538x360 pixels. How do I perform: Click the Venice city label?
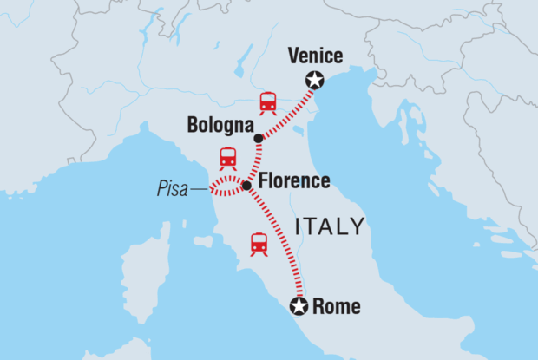pyautogui.click(x=315, y=57)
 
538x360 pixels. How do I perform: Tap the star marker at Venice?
pyautogui.click(x=315, y=81)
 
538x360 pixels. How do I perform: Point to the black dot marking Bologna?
pyautogui.click(x=258, y=139)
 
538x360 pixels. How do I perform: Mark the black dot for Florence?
pyautogui.click(x=246, y=186)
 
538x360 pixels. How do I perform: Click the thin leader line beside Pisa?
pyautogui.click(x=199, y=187)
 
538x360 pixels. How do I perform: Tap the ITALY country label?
pyautogui.click(x=330, y=227)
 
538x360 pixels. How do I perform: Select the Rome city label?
pyautogui.click(x=335, y=306)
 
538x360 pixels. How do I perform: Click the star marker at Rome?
pyautogui.click(x=299, y=305)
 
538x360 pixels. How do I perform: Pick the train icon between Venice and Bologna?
pyautogui.click(x=268, y=103)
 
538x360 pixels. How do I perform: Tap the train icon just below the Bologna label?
pyautogui.click(x=227, y=159)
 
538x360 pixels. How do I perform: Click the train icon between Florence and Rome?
pyautogui.click(x=259, y=244)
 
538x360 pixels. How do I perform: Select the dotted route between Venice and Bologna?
pyautogui.click(x=286, y=111)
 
